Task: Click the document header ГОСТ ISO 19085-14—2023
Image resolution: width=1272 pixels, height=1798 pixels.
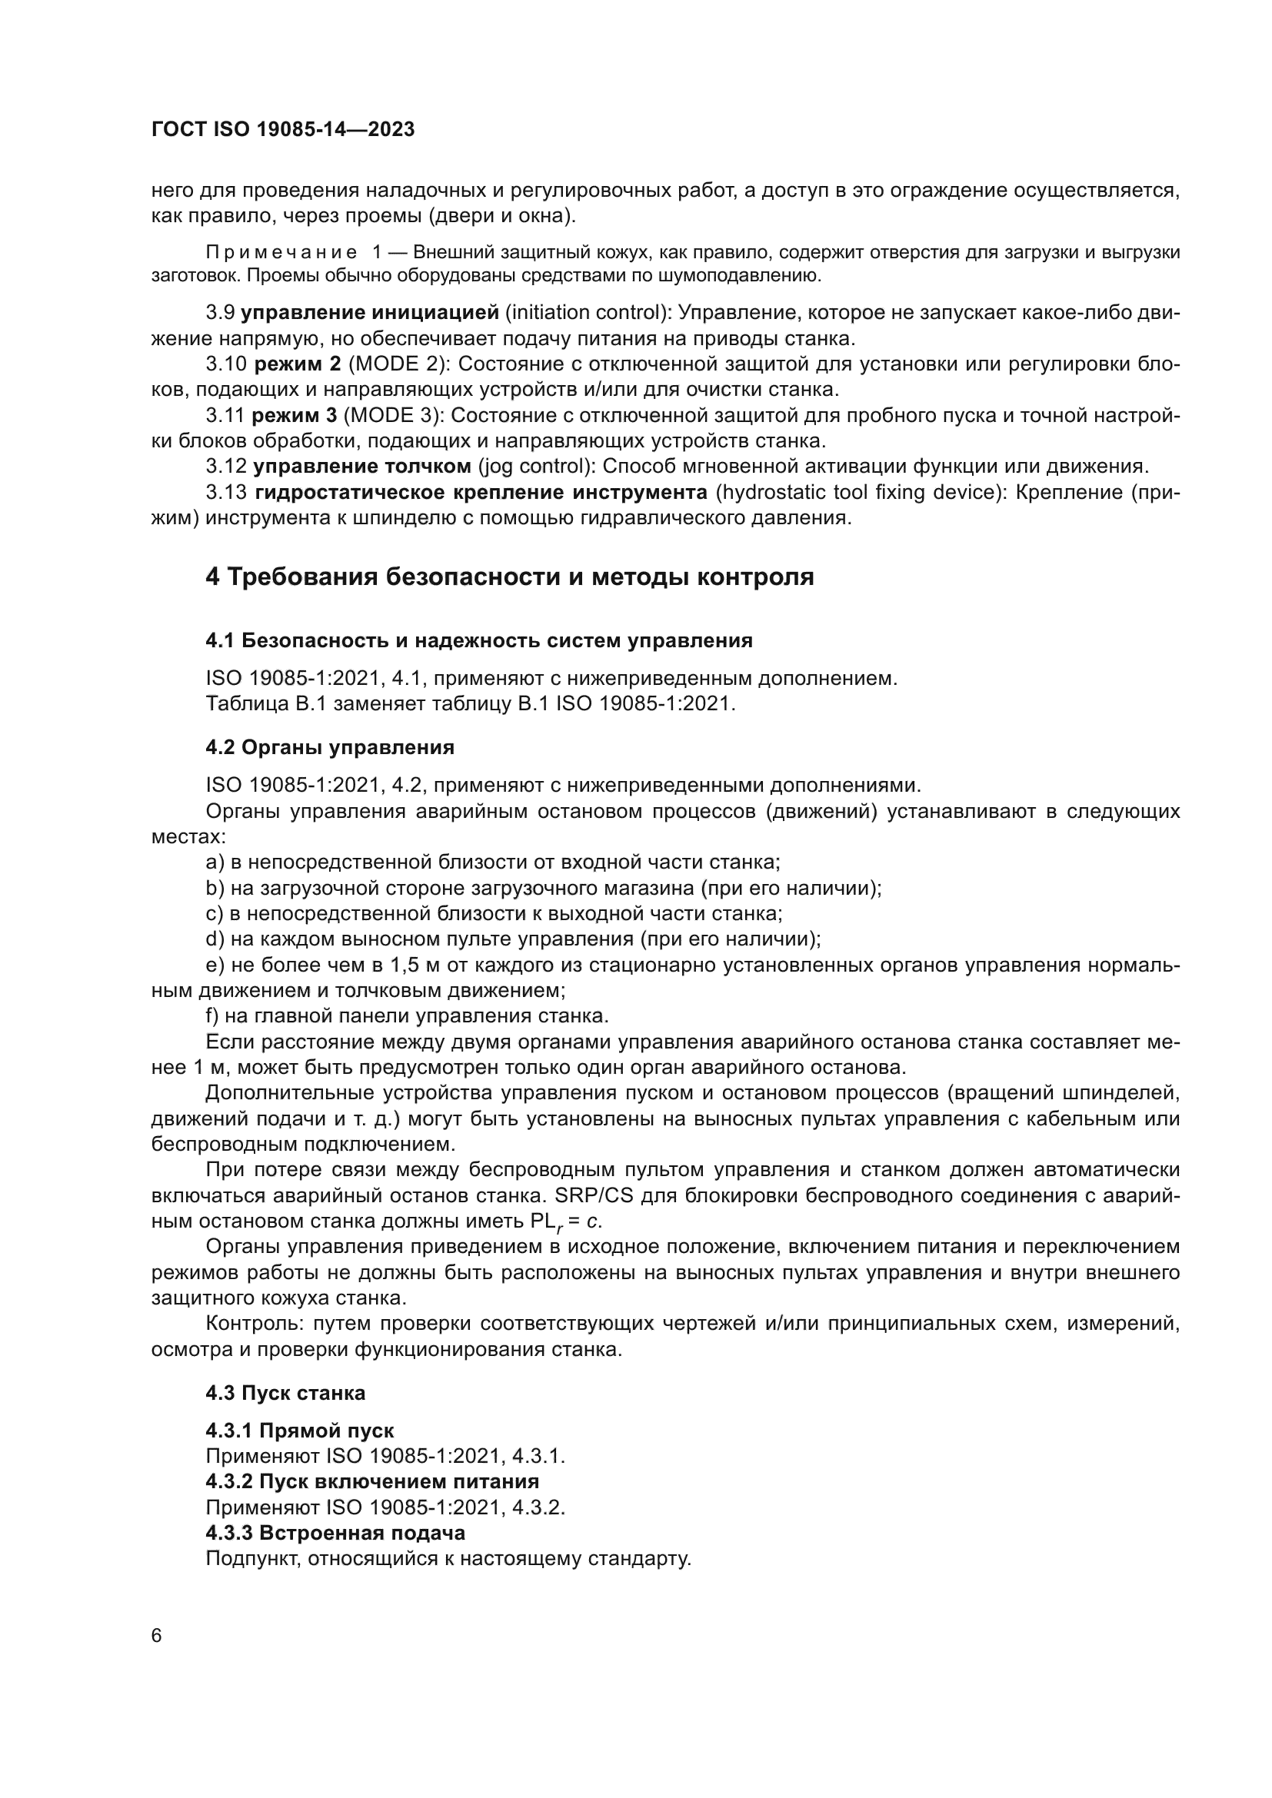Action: (283, 130)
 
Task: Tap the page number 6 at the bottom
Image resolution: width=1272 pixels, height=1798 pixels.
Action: (157, 1635)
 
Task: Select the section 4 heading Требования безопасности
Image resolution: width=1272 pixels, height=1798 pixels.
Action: (509, 577)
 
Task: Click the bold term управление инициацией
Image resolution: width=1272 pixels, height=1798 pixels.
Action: (369, 313)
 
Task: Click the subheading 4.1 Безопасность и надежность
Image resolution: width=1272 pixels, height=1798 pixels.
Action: (478, 640)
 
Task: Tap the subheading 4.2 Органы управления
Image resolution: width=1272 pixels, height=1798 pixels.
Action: (330, 747)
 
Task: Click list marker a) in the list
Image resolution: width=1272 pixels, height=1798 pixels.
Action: (215, 862)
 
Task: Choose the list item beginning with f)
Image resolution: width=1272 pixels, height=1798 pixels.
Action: (407, 1016)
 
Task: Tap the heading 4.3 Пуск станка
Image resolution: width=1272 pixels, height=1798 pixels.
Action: (285, 1393)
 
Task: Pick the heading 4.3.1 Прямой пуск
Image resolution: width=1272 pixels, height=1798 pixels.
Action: (299, 1431)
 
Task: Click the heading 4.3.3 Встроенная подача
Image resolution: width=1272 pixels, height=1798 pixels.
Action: (335, 1533)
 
